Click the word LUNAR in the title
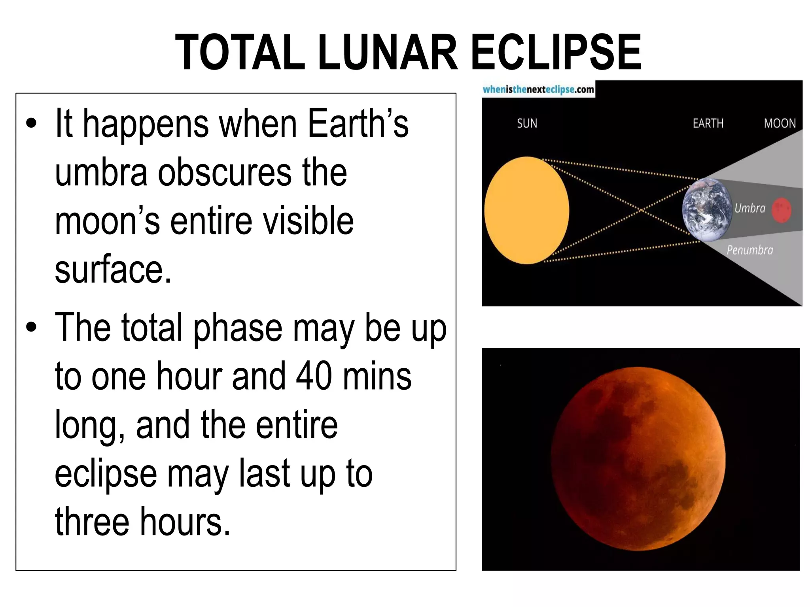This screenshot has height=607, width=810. click(388, 53)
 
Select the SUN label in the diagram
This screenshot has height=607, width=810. click(527, 124)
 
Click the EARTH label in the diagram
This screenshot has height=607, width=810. click(708, 124)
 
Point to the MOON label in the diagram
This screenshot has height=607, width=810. click(780, 124)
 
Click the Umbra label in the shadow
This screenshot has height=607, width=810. click(750, 208)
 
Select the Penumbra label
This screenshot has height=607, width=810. click(749, 250)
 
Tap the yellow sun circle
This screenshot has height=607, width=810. click(526, 210)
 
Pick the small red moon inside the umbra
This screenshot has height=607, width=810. click(782, 210)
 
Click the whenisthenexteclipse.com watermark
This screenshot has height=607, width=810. click(538, 90)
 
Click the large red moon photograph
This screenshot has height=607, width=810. click(638, 458)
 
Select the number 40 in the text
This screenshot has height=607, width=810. click(314, 376)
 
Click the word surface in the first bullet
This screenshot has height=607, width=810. click(113, 270)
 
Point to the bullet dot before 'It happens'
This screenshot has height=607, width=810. click(31, 124)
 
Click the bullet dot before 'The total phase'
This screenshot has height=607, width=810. click(31, 327)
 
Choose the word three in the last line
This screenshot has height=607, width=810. click(92, 522)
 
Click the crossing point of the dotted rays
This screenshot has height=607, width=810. click(642, 210)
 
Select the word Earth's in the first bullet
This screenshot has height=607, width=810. click(358, 124)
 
